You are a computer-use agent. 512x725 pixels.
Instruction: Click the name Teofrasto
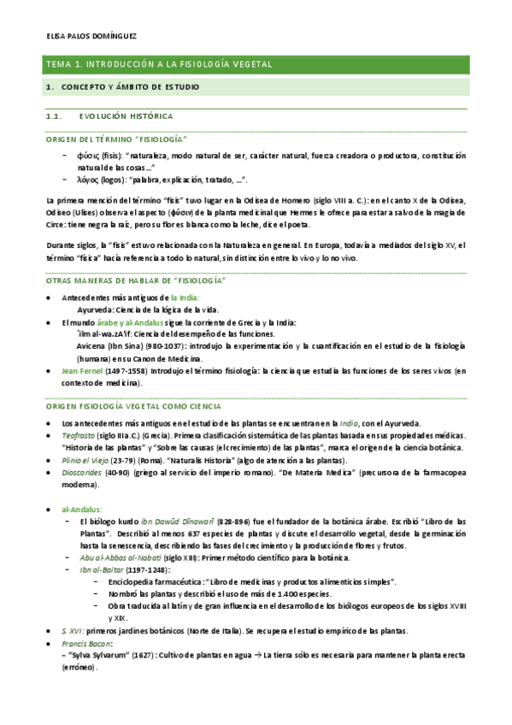(x=79, y=435)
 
